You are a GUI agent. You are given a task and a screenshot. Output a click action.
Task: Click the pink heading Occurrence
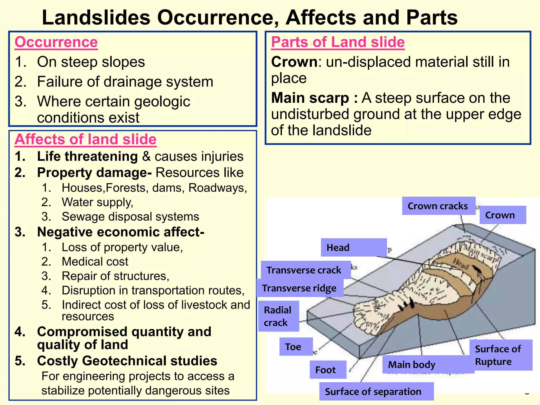click(56, 42)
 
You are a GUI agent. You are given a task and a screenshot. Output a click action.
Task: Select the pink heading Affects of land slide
click(85, 139)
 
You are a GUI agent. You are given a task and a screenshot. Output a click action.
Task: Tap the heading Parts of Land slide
click(338, 42)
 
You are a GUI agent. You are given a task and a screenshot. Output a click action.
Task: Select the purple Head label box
click(353, 248)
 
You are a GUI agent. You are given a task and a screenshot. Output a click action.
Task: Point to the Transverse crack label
click(305, 270)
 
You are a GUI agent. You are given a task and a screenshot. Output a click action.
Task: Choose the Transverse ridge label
click(300, 288)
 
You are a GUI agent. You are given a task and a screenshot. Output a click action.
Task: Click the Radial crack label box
click(278, 316)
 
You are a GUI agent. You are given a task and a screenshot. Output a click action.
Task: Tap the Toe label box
click(296, 347)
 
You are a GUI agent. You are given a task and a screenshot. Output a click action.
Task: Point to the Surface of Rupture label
click(500, 355)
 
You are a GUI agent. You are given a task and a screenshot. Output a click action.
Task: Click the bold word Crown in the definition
click(294, 62)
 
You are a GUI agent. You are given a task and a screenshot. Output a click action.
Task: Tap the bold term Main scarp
click(310, 98)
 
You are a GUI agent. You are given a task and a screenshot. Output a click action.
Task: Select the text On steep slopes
click(91, 62)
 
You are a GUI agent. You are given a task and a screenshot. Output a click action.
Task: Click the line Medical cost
click(95, 262)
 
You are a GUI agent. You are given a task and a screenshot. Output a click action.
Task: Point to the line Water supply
click(98, 202)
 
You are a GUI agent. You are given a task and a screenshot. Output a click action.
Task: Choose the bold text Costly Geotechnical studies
click(127, 361)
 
